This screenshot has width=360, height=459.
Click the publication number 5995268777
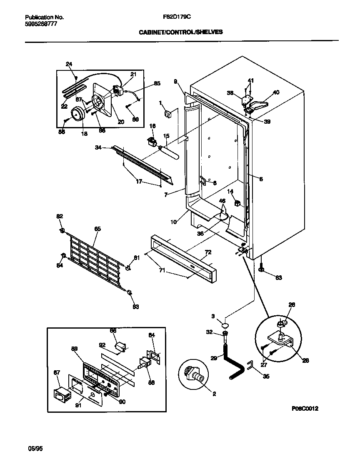41,24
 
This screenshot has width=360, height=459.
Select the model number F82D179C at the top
177,17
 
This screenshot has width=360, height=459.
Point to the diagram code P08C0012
305,409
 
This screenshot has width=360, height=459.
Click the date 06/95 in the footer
35,449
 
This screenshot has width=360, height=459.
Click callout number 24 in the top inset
69,64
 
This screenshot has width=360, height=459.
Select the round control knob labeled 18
78,113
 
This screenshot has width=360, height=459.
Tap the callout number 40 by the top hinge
276,92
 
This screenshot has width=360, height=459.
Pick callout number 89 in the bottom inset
75,350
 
